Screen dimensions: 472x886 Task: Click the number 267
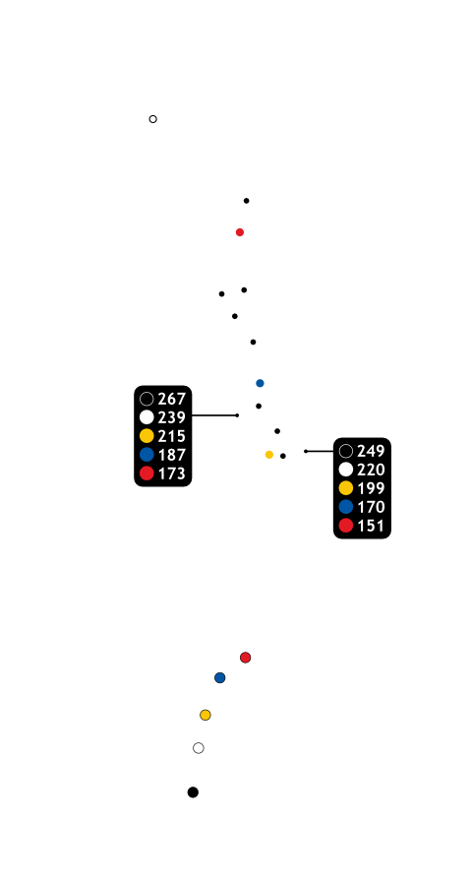click(x=172, y=399)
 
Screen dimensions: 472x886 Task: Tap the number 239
click(x=172, y=417)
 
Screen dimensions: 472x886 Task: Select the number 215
click(x=172, y=436)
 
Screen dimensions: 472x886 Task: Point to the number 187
click(x=172, y=455)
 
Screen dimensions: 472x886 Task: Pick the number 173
click(x=172, y=474)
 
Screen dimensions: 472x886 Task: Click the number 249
click(x=371, y=451)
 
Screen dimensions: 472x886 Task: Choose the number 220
click(x=371, y=470)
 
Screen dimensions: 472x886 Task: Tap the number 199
click(x=371, y=488)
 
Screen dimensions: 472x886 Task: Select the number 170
click(x=371, y=507)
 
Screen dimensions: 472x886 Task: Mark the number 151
click(x=371, y=526)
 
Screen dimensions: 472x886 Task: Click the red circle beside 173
click(x=147, y=474)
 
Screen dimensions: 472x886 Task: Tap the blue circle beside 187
click(x=147, y=455)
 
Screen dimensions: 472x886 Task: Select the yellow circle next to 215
click(x=147, y=436)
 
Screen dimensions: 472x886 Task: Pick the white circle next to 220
click(x=346, y=470)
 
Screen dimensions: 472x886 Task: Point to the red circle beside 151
click(x=346, y=526)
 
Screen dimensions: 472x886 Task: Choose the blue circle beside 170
click(x=346, y=507)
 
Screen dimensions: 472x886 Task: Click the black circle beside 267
click(x=147, y=399)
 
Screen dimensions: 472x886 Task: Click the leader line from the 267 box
click(x=214, y=415)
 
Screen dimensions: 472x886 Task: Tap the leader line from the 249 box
click(x=320, y=451)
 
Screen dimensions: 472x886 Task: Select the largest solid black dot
click(x=193, y=792)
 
